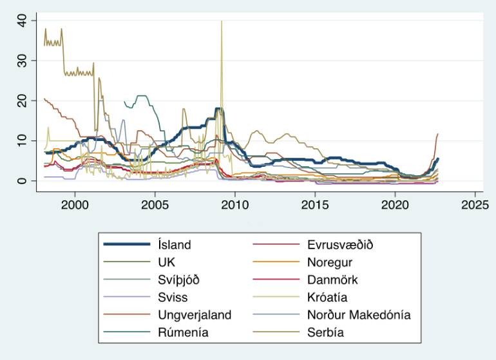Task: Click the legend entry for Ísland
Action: (x=173, y=245)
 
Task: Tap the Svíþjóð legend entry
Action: (x=178, y=279)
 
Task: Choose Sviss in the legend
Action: (x=171, y=297)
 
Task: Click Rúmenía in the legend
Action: (x=183, y=332)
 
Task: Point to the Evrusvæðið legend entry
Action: (x=336, y=245)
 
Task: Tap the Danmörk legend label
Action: (x=330, y=279)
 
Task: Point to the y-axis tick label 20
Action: (x=24, y=100)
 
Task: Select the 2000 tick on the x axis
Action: (x=75, y=205)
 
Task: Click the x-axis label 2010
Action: (x=234, y=205)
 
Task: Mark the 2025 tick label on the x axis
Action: (x=475, y=205)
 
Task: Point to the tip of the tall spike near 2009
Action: (x=222, y=21)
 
